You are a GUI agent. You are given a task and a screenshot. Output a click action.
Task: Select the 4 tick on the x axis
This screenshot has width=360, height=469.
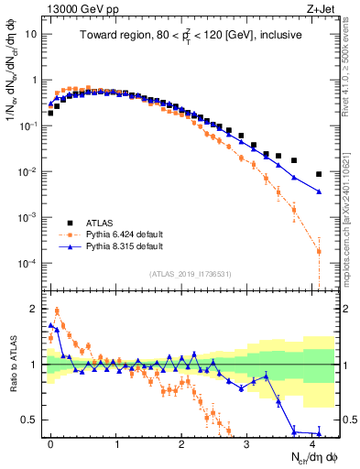coord(311,442)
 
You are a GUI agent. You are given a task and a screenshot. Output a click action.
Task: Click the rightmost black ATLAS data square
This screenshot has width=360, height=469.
coord(319,174)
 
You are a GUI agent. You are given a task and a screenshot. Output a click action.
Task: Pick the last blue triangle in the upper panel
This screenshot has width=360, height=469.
coord(319,191)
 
